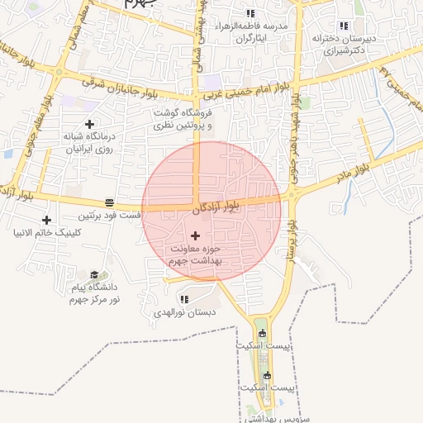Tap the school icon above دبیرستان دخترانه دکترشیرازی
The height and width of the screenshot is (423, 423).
(x=344, y=26)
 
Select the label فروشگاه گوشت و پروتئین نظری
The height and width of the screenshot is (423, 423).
(x=182, y=119)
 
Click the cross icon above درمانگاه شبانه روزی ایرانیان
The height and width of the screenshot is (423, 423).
(x=89, y=124)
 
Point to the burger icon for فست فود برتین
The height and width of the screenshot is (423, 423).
(x=109, y=202)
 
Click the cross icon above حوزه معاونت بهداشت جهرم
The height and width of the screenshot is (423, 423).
(x=195, y=236)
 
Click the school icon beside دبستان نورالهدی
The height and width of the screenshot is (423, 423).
(x=183, y=299)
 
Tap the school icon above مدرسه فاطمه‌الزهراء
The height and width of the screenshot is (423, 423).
(x=250, y=14)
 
